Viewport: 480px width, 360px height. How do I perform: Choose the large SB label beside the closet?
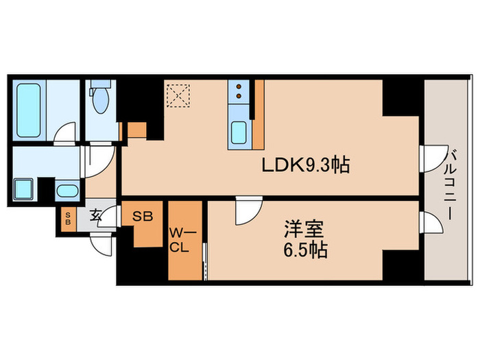pyautogui.click(x=143, y=215)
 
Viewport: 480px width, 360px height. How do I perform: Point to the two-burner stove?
pyautogui.click(x=238, y=93)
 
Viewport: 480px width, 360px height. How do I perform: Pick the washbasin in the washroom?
pyautogui.click(x=67, y=191)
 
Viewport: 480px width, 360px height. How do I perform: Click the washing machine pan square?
pyautogui.click(x=25, y=188)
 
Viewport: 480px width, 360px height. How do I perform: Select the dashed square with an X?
pyautogui.click(x=180, y=95)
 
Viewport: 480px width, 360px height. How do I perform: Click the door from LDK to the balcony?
pyautogui.click(x=429, y=158)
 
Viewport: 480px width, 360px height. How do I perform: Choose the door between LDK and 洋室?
pyautogui.click(x=245, y=212)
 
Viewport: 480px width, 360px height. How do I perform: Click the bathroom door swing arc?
pyautogui.click(x=65, y=132)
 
